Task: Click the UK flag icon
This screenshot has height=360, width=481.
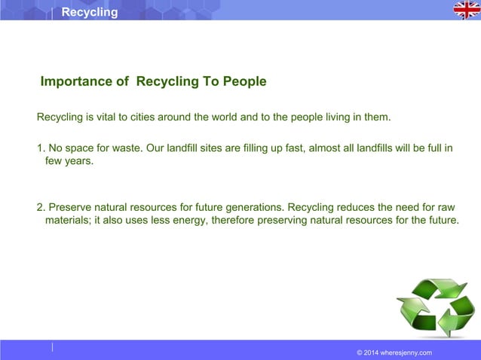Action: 466,10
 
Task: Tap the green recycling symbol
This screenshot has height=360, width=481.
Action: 436,307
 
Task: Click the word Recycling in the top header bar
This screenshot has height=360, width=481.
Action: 90,12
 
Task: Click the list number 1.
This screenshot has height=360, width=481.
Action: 41,148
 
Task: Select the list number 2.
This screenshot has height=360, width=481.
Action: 41,206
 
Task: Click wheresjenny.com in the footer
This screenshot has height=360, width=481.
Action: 408,352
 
